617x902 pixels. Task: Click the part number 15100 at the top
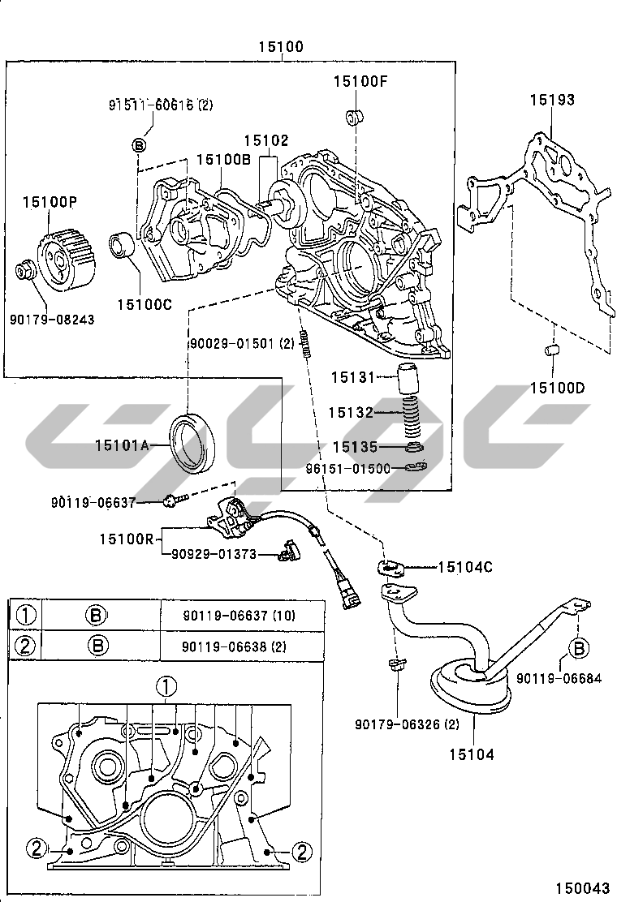[281, 46]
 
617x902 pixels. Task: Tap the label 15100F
[361, 82]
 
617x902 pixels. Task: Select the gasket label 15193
[552, 100]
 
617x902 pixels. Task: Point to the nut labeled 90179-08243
[26, 270]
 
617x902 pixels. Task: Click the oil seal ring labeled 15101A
[193, 443]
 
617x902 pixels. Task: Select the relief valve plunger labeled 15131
[411, 379]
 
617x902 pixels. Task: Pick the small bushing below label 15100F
[353, 117]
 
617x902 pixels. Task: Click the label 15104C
[465, 568]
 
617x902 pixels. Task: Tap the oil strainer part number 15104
[472, 754]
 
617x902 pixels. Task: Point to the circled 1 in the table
[26, 616]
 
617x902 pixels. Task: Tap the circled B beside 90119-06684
[579, 649]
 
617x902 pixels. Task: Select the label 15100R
[127, 539]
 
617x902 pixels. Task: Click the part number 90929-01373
[214, 555]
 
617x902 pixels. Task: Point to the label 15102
[266, 141]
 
